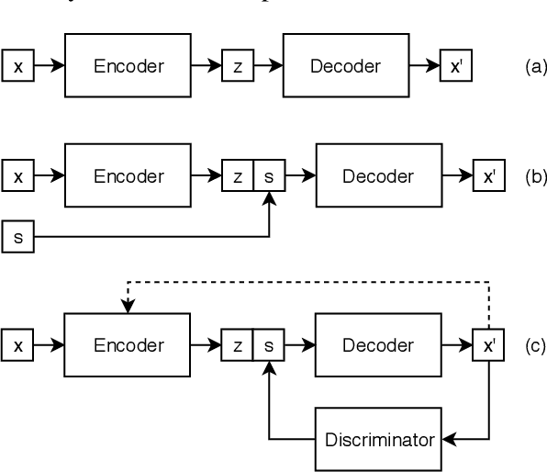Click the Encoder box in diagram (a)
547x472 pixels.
(x=127, y=65)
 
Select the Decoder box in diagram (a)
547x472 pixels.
(x=345, y=65)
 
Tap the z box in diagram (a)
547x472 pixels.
(x=237, y=66)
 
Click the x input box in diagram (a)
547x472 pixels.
(x=17, y=66)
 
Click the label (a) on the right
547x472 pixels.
(x=535, y=66)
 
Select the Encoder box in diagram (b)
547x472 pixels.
(x=127, y=175)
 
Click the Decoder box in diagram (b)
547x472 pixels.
(x=377, y=175)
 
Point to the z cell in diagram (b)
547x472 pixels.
(x=238, y=176)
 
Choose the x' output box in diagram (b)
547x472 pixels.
(x=487, y=176)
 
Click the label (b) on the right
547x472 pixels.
(x=535, y=176)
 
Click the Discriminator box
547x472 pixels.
(x=378, y=439)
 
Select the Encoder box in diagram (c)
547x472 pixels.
(x=127, y=345)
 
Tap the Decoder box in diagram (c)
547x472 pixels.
(x=377, y=345)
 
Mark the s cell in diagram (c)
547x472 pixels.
(x=269, y=346)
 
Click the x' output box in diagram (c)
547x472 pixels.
(x=487, y=346)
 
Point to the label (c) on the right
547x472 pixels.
(x=535, y=346)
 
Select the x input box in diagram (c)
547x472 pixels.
(x=17, y=346)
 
